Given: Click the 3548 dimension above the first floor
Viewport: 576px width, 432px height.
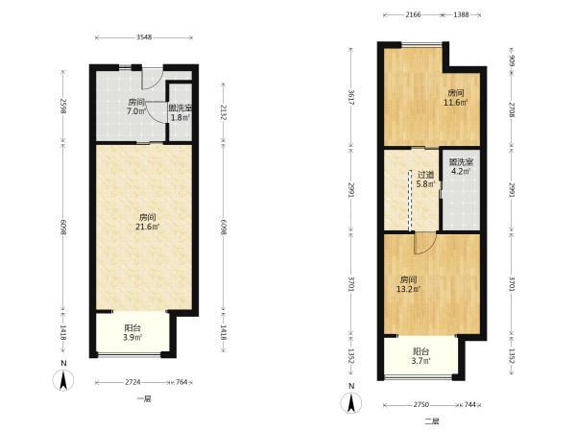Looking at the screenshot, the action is (x=144, y=37).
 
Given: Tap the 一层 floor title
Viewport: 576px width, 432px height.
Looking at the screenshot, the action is (x=144, y=399).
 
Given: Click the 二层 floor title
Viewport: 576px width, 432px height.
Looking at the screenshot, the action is (x=432, y=421).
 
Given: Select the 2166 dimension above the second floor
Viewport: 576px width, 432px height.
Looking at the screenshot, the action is (x=413, y=14).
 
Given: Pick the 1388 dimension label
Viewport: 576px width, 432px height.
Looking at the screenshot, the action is (x=461, y=14).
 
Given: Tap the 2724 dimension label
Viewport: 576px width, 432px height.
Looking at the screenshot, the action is (x=132, y=382).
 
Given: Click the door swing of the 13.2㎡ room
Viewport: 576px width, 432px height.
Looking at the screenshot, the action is (x=425, y=244).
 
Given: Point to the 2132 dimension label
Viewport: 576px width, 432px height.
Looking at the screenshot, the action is (x=224, y=112).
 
